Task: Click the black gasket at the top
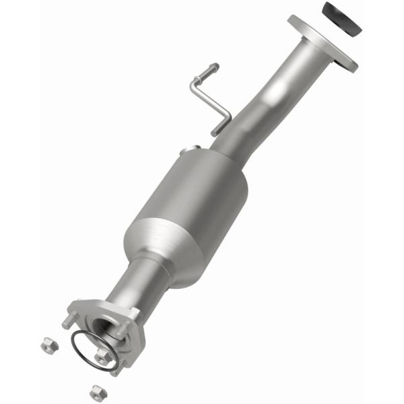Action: pyautogui.click(x=341, y=18)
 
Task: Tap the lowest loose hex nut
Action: pyautogui.click(x=96, y=390)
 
